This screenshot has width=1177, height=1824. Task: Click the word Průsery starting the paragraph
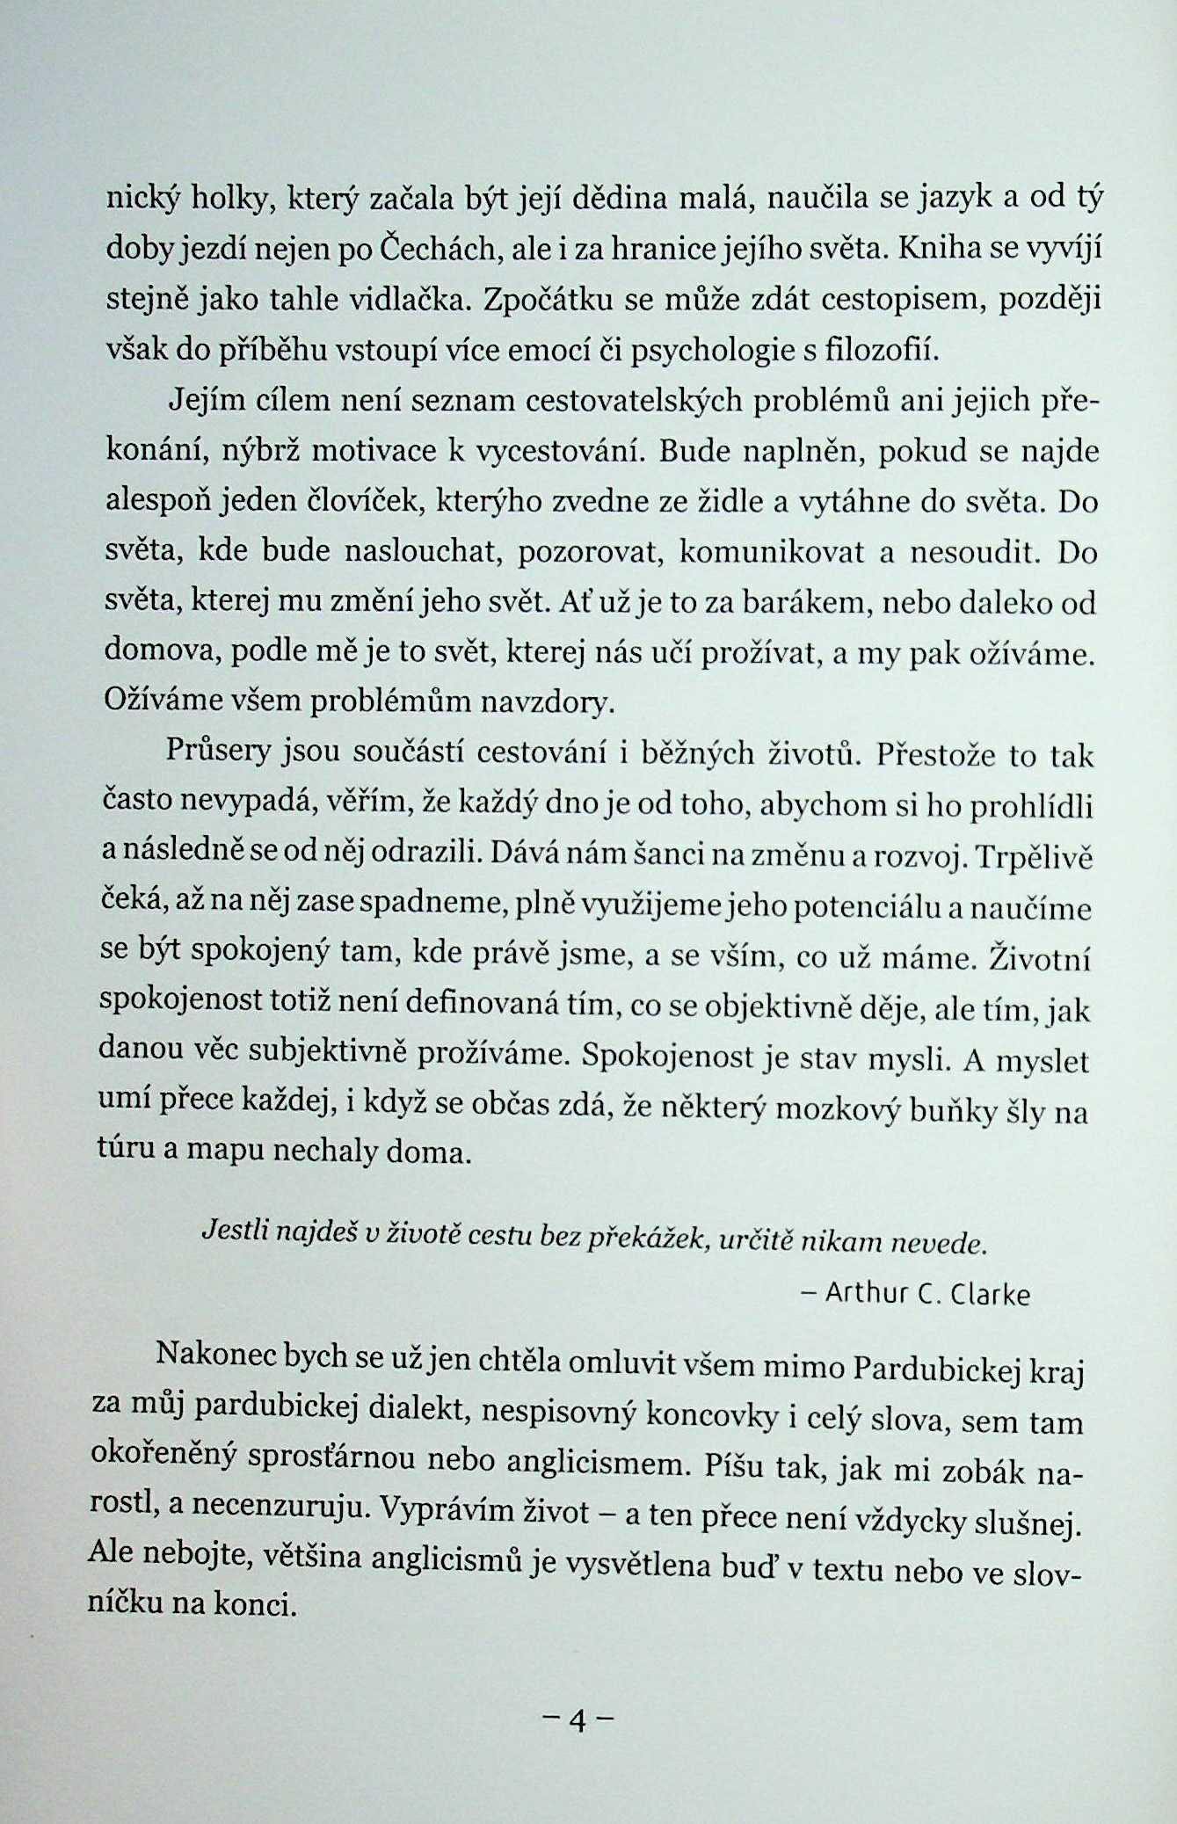[217, 752]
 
